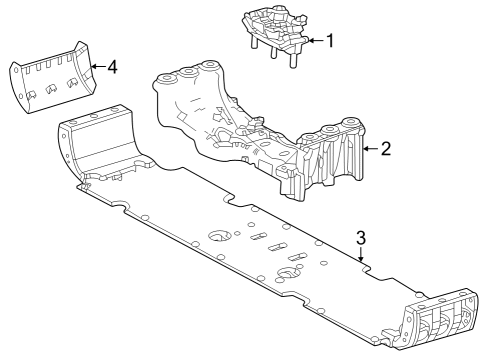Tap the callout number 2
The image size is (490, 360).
[386, 149]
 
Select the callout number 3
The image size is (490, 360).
[361, 237]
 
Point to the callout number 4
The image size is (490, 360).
[112, 68]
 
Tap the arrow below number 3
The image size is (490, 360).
[360, 256]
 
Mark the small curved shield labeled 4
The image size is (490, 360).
[50, 80]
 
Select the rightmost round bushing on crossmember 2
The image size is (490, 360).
[351, 125]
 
